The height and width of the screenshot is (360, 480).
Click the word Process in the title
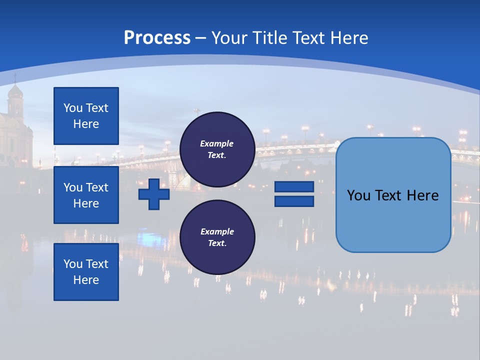pos(157,38)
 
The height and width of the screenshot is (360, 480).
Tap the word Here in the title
pos(348,38)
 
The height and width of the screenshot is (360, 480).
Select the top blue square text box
pos(86,116)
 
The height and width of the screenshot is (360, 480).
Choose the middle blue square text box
pos(86,195)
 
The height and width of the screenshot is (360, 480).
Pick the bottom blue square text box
pos(86,272)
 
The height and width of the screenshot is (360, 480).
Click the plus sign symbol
pos(154,194)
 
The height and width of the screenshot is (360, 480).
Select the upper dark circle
pos(217,149)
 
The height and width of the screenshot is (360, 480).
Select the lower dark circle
pos(217,237)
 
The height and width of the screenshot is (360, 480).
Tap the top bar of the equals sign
pos(294,187)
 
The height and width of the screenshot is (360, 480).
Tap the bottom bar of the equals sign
pos(294,201)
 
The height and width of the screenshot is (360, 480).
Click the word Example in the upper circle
pos(217,144)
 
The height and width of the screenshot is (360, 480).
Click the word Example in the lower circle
pos(217,231)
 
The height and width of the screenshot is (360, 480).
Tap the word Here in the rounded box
pos(422,195)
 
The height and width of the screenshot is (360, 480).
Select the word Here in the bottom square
pos(86,280)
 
